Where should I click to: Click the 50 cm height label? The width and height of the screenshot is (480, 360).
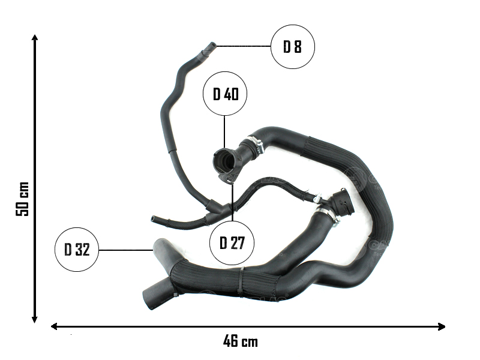22,199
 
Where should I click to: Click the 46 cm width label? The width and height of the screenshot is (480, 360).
241,341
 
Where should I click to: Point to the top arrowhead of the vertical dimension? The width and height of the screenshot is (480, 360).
35,38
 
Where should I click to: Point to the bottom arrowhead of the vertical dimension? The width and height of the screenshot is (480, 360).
35,320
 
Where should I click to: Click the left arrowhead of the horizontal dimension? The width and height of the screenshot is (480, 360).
54,326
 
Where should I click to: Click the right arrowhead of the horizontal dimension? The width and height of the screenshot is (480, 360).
442,326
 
